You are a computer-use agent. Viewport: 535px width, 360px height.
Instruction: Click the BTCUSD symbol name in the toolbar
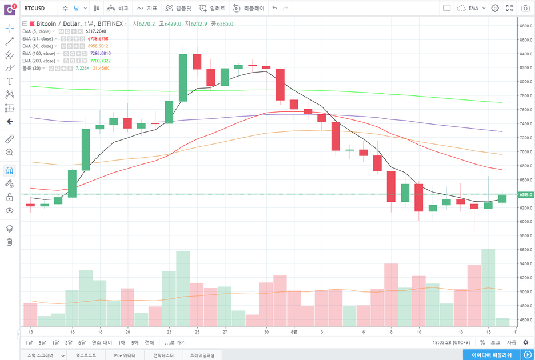pos(35,9)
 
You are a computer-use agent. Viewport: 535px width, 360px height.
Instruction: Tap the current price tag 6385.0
pos(525,195)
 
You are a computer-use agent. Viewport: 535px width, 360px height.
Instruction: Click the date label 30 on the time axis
pos(266,331)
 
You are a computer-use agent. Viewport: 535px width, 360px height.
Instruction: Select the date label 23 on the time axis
pos(169,331)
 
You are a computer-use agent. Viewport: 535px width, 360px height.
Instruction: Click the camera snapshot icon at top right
pos(525,9)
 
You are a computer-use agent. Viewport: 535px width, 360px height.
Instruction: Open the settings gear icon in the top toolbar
pos(495,9)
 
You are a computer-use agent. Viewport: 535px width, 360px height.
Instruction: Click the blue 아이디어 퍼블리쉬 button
pos(496,355)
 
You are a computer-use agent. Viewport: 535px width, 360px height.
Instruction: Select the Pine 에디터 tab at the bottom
pos(125,355)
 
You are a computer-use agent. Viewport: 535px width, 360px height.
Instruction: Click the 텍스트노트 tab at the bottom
pos(86,355)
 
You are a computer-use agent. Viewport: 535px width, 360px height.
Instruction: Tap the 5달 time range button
pos(42,342)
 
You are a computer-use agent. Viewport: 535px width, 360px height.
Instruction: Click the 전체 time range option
pos(149,342)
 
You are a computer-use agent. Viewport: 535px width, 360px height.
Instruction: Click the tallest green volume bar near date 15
pos(488,286)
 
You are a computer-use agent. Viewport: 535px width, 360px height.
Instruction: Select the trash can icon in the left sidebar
pos(9,242)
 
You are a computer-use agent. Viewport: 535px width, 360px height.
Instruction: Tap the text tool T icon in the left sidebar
pos(9,81)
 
